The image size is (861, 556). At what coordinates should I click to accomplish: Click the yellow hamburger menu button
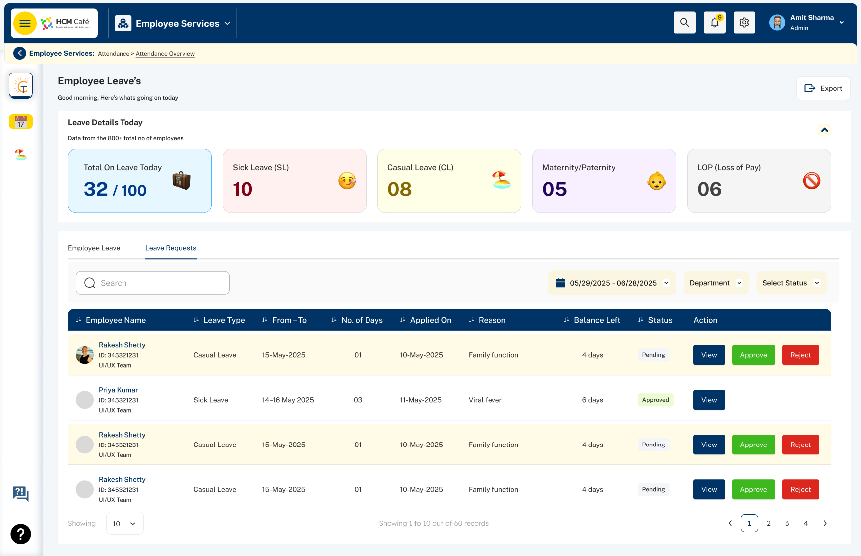(x=25, y=23)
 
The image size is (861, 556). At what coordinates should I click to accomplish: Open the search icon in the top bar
(x=685, y=23)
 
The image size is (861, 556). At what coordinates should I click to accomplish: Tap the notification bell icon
(x=715, y=23)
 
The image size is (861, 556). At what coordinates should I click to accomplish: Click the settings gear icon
(x=744, y=23)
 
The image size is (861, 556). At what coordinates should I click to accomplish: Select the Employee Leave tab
(x=94, y=248)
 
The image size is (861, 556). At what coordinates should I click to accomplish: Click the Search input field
(x=152, y=283)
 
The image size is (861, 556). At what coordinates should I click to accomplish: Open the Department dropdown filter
(x=716, y=283)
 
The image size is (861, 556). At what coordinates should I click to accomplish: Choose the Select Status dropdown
(x=791, y=283)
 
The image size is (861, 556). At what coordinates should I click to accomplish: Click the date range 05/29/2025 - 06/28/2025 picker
(x=612, y=283)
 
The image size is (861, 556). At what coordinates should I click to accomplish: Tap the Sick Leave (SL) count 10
(x=243, y=189)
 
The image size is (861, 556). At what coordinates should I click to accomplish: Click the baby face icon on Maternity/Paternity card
(x=657, y=181)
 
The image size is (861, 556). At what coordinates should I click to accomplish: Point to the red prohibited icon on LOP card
(x=812, y=180)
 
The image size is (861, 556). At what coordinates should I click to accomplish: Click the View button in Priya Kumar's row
(x=709, y=400)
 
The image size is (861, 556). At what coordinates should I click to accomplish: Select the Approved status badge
(x=656, y=400)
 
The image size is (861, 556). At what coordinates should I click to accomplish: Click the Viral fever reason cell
(x=485, y=400)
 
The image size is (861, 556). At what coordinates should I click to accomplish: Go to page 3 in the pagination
(x=787, y=523)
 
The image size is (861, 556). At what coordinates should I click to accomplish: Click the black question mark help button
(x=21, y=534)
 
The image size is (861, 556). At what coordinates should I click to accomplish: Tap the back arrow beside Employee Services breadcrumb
(x=20, y=53)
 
